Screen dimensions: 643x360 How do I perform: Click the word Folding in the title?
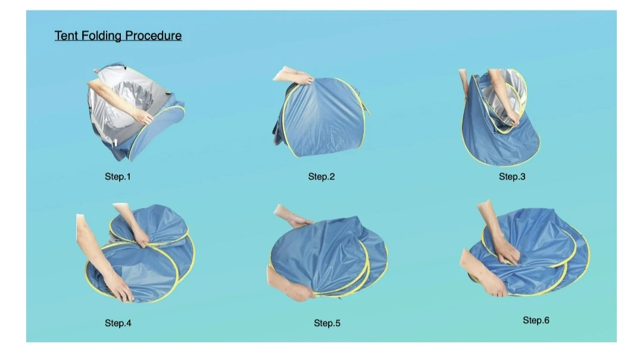(101, 36)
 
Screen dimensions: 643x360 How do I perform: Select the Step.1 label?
(118, 177)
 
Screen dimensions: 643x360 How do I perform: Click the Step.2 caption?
(321, 177)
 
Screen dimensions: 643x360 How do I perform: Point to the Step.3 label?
(512, 177)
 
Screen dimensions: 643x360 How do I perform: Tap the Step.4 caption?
(118, 323)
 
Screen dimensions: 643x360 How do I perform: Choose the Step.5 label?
(327, 323)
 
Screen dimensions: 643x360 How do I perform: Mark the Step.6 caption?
(536, 320)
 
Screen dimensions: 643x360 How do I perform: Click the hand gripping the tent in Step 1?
(143, 117)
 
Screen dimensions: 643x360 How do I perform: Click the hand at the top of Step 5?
(299, 221)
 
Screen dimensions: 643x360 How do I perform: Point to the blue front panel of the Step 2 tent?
(324, 119)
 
